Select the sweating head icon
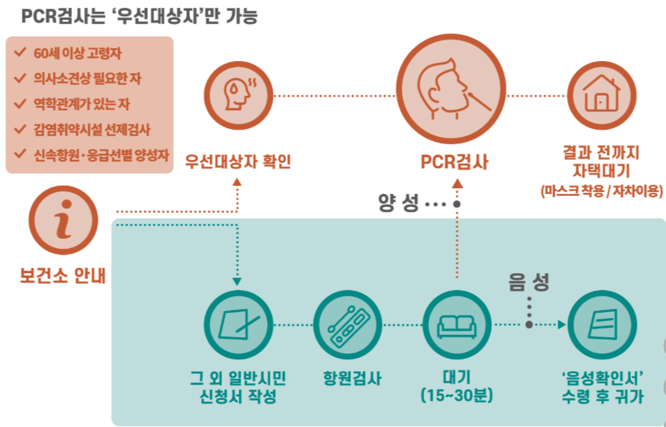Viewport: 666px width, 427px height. (x=237, y=95)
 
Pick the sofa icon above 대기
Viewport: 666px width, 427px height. (x=457, y=325)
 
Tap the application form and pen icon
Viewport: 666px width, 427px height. (x=237, y=324)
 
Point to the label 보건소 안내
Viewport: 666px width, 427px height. (x=63, y=276)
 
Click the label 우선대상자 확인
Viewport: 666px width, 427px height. (x=237, y=161)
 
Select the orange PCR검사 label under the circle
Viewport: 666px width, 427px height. (x=454, y=161)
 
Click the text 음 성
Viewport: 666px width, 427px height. (x=529, y=282)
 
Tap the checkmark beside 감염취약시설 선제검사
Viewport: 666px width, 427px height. (x=19, y=130)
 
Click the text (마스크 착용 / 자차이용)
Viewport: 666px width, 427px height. (x=601, y=191)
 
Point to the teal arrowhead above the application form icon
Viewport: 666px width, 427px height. (x=237, y=282)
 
